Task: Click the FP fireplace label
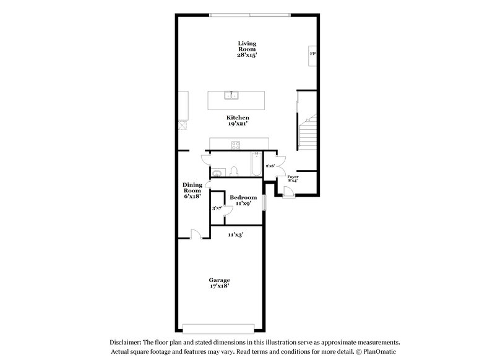(312, 54)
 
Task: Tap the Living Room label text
(247, 49)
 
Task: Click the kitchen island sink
(232, 96)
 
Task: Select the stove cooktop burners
(236, 146)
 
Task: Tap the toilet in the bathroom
(235, 171)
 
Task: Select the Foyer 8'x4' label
(293, 179)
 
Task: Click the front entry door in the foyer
(288, 191)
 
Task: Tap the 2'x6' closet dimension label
(270, 166)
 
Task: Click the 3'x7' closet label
(217, 208)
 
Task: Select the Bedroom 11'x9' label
(243, 200)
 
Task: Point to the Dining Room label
(192, 190)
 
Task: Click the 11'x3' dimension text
(235, 234)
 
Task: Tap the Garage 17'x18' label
(219, 283)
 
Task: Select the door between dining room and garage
(196, 234)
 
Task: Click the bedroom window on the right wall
(264, 202)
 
